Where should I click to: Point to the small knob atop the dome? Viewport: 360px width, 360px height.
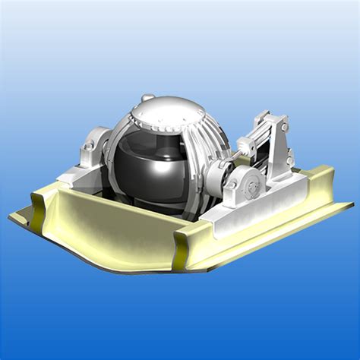[148, 98]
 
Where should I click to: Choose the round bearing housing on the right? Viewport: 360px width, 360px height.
[245, 182]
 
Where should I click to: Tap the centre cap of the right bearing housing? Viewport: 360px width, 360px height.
[250, 182]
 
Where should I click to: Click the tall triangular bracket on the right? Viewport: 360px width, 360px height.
[281, 144]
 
